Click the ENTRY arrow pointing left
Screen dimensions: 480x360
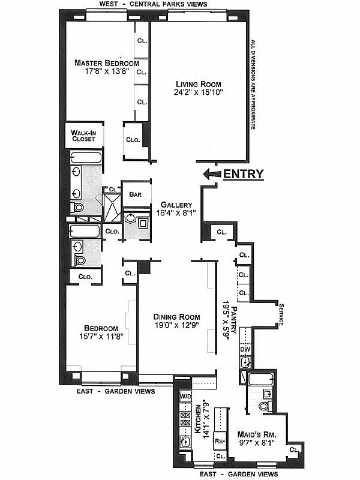[211, 175]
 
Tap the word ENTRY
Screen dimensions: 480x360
[244, 175]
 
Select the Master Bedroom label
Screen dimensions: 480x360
[106, 63]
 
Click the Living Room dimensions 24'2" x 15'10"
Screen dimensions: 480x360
[198, 92]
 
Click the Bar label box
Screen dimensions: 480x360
[135, 194]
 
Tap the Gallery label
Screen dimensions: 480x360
[176, 205]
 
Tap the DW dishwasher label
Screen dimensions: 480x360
[245, 349]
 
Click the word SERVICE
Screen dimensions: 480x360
[280, 314]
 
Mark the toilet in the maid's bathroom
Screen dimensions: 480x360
[263, 406]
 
